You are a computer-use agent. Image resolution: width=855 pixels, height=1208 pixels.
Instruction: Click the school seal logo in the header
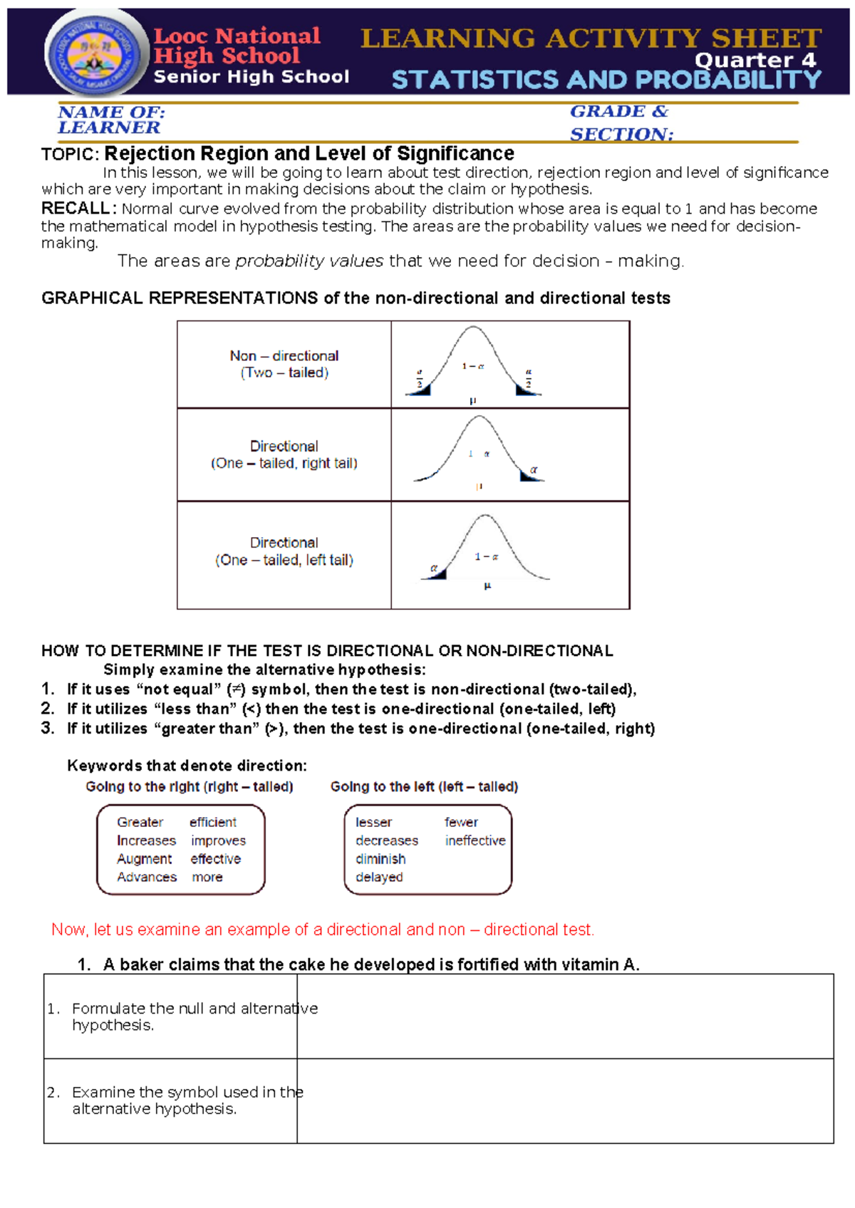pyautogui.click(x=95, y=54)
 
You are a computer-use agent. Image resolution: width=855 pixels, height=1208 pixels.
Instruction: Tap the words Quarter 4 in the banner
pyautogui.click(x=755, y=61)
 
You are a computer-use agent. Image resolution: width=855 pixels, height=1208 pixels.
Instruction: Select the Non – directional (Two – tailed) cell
pyautogui.click(x=284, y=364)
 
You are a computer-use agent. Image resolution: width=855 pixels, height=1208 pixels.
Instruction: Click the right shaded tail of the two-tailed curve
pyautogui.click(x=524, y=390)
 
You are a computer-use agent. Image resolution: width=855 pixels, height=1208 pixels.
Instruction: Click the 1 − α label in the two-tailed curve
pyautogui.click(x=472, y=366)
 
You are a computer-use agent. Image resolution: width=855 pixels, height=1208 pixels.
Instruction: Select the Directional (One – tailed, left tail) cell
pyautogui.click(x=284, y=552)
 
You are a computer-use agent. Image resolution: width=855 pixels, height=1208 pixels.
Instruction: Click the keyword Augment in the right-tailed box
pyautogui.click(x=144, y=859)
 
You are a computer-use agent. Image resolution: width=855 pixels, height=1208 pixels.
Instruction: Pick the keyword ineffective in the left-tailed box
pyautogui.click(x=475, y=840)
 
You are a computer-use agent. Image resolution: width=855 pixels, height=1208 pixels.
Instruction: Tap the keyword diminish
pyautogui.click(x=380, y=859)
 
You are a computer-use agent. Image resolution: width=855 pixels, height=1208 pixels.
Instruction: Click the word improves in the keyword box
pyautogui.click(x=218, y=840)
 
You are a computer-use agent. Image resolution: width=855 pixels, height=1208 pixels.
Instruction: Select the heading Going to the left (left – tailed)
pyautogui.click(x=424, y=786)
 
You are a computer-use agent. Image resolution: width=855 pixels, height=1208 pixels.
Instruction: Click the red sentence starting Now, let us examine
pyautogui.click(x=322, y=930)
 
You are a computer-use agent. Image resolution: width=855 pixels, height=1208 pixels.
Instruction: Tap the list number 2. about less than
pyautogui.click(x=47, y=709)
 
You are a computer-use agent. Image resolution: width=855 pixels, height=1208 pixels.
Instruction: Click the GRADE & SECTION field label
pyautogui.click(x=620, y=123)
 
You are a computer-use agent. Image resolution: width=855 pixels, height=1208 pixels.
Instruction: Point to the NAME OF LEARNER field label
pyautogui.click(x=110, y=120)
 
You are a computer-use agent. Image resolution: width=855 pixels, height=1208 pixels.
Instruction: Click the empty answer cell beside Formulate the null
pyautogui.click(x=564, y=1016)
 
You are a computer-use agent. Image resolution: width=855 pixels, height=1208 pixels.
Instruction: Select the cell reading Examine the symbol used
pyautogui.click(x=170, y=1100)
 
